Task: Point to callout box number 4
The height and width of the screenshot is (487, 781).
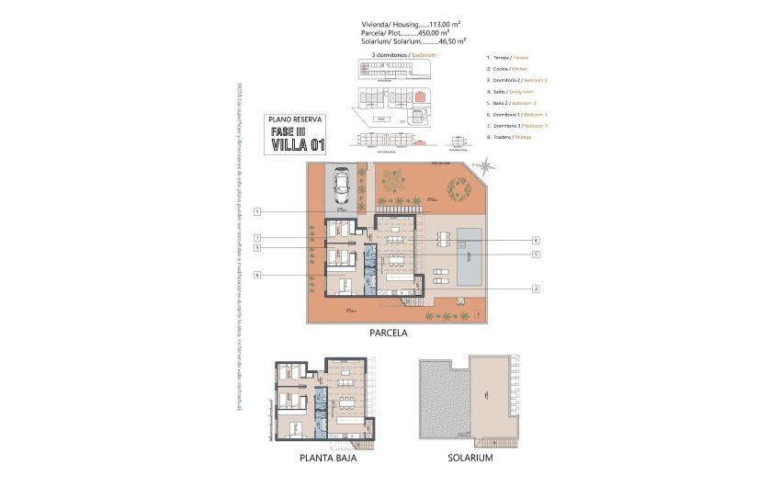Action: click(x=535, y=240)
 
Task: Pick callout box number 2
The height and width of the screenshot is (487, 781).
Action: click(x=535, y=289)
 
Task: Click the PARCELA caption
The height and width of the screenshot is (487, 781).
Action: click(x=390, y=334)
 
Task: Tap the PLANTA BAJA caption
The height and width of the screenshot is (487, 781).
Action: click(x=328, y=457)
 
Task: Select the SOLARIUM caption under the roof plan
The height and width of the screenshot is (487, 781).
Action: click(x=470, y=457)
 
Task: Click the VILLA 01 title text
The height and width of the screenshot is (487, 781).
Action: click(x=299, y=143)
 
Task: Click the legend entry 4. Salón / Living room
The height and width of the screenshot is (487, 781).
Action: click(x=510, y=92)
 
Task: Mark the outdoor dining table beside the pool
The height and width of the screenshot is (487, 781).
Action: click(x=446, y=241)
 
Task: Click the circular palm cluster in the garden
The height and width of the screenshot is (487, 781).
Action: click(x=458, y=188)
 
